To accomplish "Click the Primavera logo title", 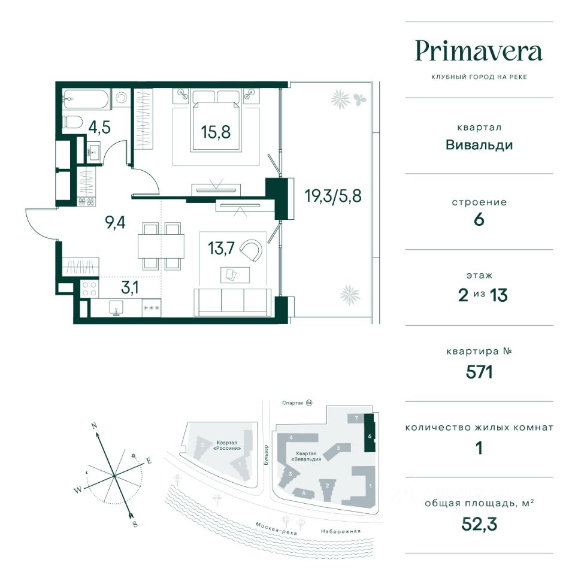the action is pos(479,52).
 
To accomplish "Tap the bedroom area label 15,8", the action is pos(216,132).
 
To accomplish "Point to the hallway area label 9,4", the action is pos(115,222).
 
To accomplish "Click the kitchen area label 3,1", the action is pos(130,288).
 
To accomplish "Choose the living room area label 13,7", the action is pos(221,248).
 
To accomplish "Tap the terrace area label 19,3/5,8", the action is pos(333,196).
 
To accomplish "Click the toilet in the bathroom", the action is pos(72,122).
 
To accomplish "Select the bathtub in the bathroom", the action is pos(86,99).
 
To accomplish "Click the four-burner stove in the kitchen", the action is pos(89,289).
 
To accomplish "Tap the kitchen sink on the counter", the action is pos(116,308).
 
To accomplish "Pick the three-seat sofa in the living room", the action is pos(232,302).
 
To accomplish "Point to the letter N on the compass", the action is pos(94,426).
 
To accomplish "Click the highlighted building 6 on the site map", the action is pos(370,432).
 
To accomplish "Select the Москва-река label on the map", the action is pos(276,528).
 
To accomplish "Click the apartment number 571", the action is pos(479,372).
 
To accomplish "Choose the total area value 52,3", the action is pos(479,524).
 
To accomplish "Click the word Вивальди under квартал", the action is pos(479,145).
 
